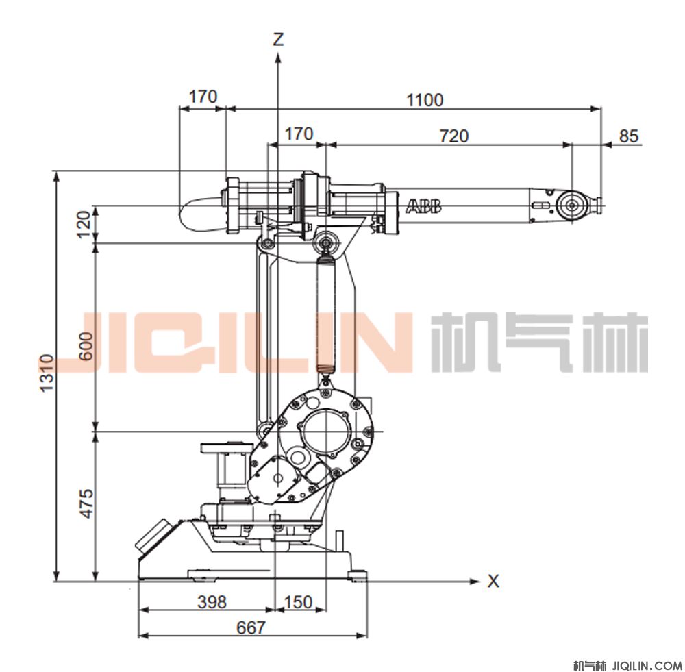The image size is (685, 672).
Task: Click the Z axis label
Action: [x=278, y=39]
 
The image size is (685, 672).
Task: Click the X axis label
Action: [x=493, y=581]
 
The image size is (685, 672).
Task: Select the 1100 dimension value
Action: [x=425, y=100]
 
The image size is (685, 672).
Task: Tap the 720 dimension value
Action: [x=454, y=136]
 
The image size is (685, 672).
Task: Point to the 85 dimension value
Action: [x=629, y=136]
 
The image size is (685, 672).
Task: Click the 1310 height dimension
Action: [x=47, y=373]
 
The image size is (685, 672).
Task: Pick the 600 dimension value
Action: [x=87, y=346]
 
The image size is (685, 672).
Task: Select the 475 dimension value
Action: [x=87, y=503]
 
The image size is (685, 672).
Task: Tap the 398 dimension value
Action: [x=212, y=601]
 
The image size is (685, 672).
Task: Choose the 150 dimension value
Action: [x=299, y=601]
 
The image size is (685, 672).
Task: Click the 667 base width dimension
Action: [x=251, y=627]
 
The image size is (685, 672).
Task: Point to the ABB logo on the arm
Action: [x=424, y=206]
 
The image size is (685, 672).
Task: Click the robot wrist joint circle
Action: [x=572, y=205]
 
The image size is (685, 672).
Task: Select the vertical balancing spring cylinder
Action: [x=325, y=314]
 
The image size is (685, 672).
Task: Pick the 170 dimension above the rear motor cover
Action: [x=203, y=97]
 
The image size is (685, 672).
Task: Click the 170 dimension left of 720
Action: [x=299, y=134]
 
